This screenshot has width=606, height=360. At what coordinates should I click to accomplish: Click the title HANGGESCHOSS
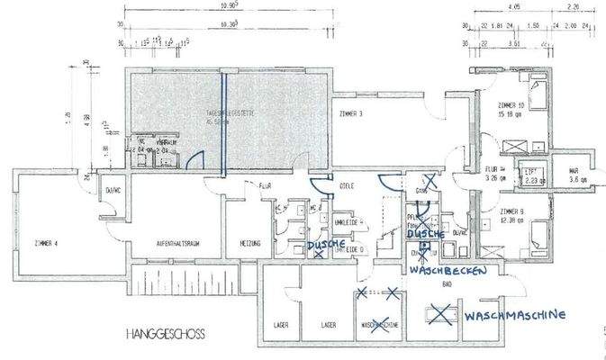point(166,334)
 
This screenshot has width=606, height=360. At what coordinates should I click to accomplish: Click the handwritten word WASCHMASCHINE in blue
point(515,316)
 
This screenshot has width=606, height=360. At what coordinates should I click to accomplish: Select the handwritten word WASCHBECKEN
point(448,270)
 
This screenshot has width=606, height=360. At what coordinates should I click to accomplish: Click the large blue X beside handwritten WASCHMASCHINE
point(440,313)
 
